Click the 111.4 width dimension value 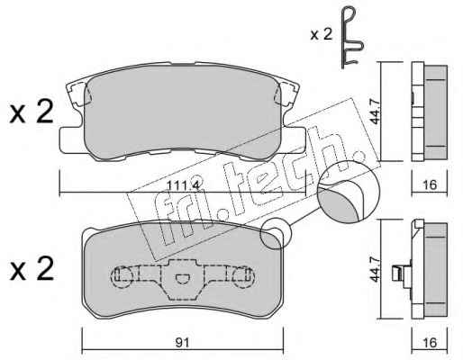click(x=183, y=185)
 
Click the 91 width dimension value click(x=183, y=342)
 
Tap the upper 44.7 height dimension click(x=375, y=111)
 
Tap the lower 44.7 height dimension click(x=375, y=269)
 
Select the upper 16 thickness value click(x=430, y=184)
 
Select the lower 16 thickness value click(x=430, y=342)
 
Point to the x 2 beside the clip click(x=322, y=34)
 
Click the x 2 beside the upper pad click(x=32, y=112)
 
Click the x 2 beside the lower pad click(x=32, y=269)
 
